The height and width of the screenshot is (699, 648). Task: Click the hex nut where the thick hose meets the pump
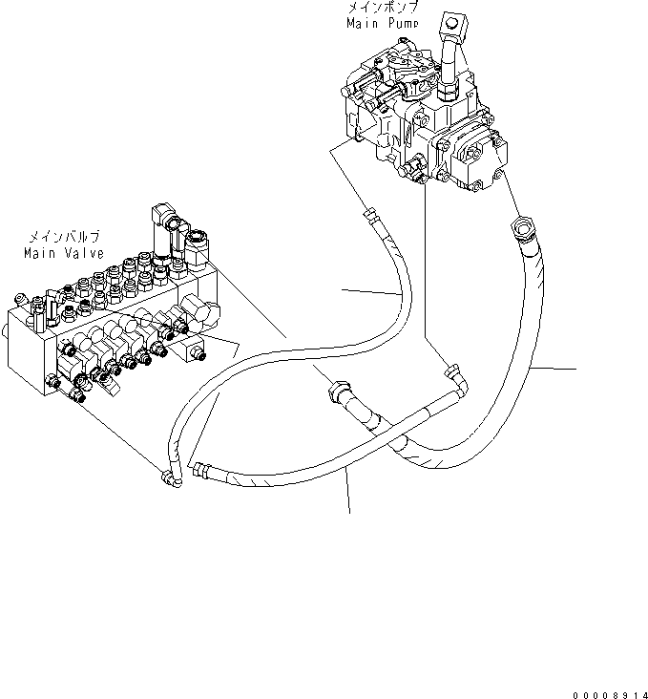[x=524, y=228]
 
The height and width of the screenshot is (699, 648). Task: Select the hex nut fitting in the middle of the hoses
[x=338, y=392]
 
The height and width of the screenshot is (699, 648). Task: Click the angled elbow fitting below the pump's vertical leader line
[x=455, y=373]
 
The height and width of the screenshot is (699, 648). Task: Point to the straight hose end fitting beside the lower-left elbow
[x=203, y=468]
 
